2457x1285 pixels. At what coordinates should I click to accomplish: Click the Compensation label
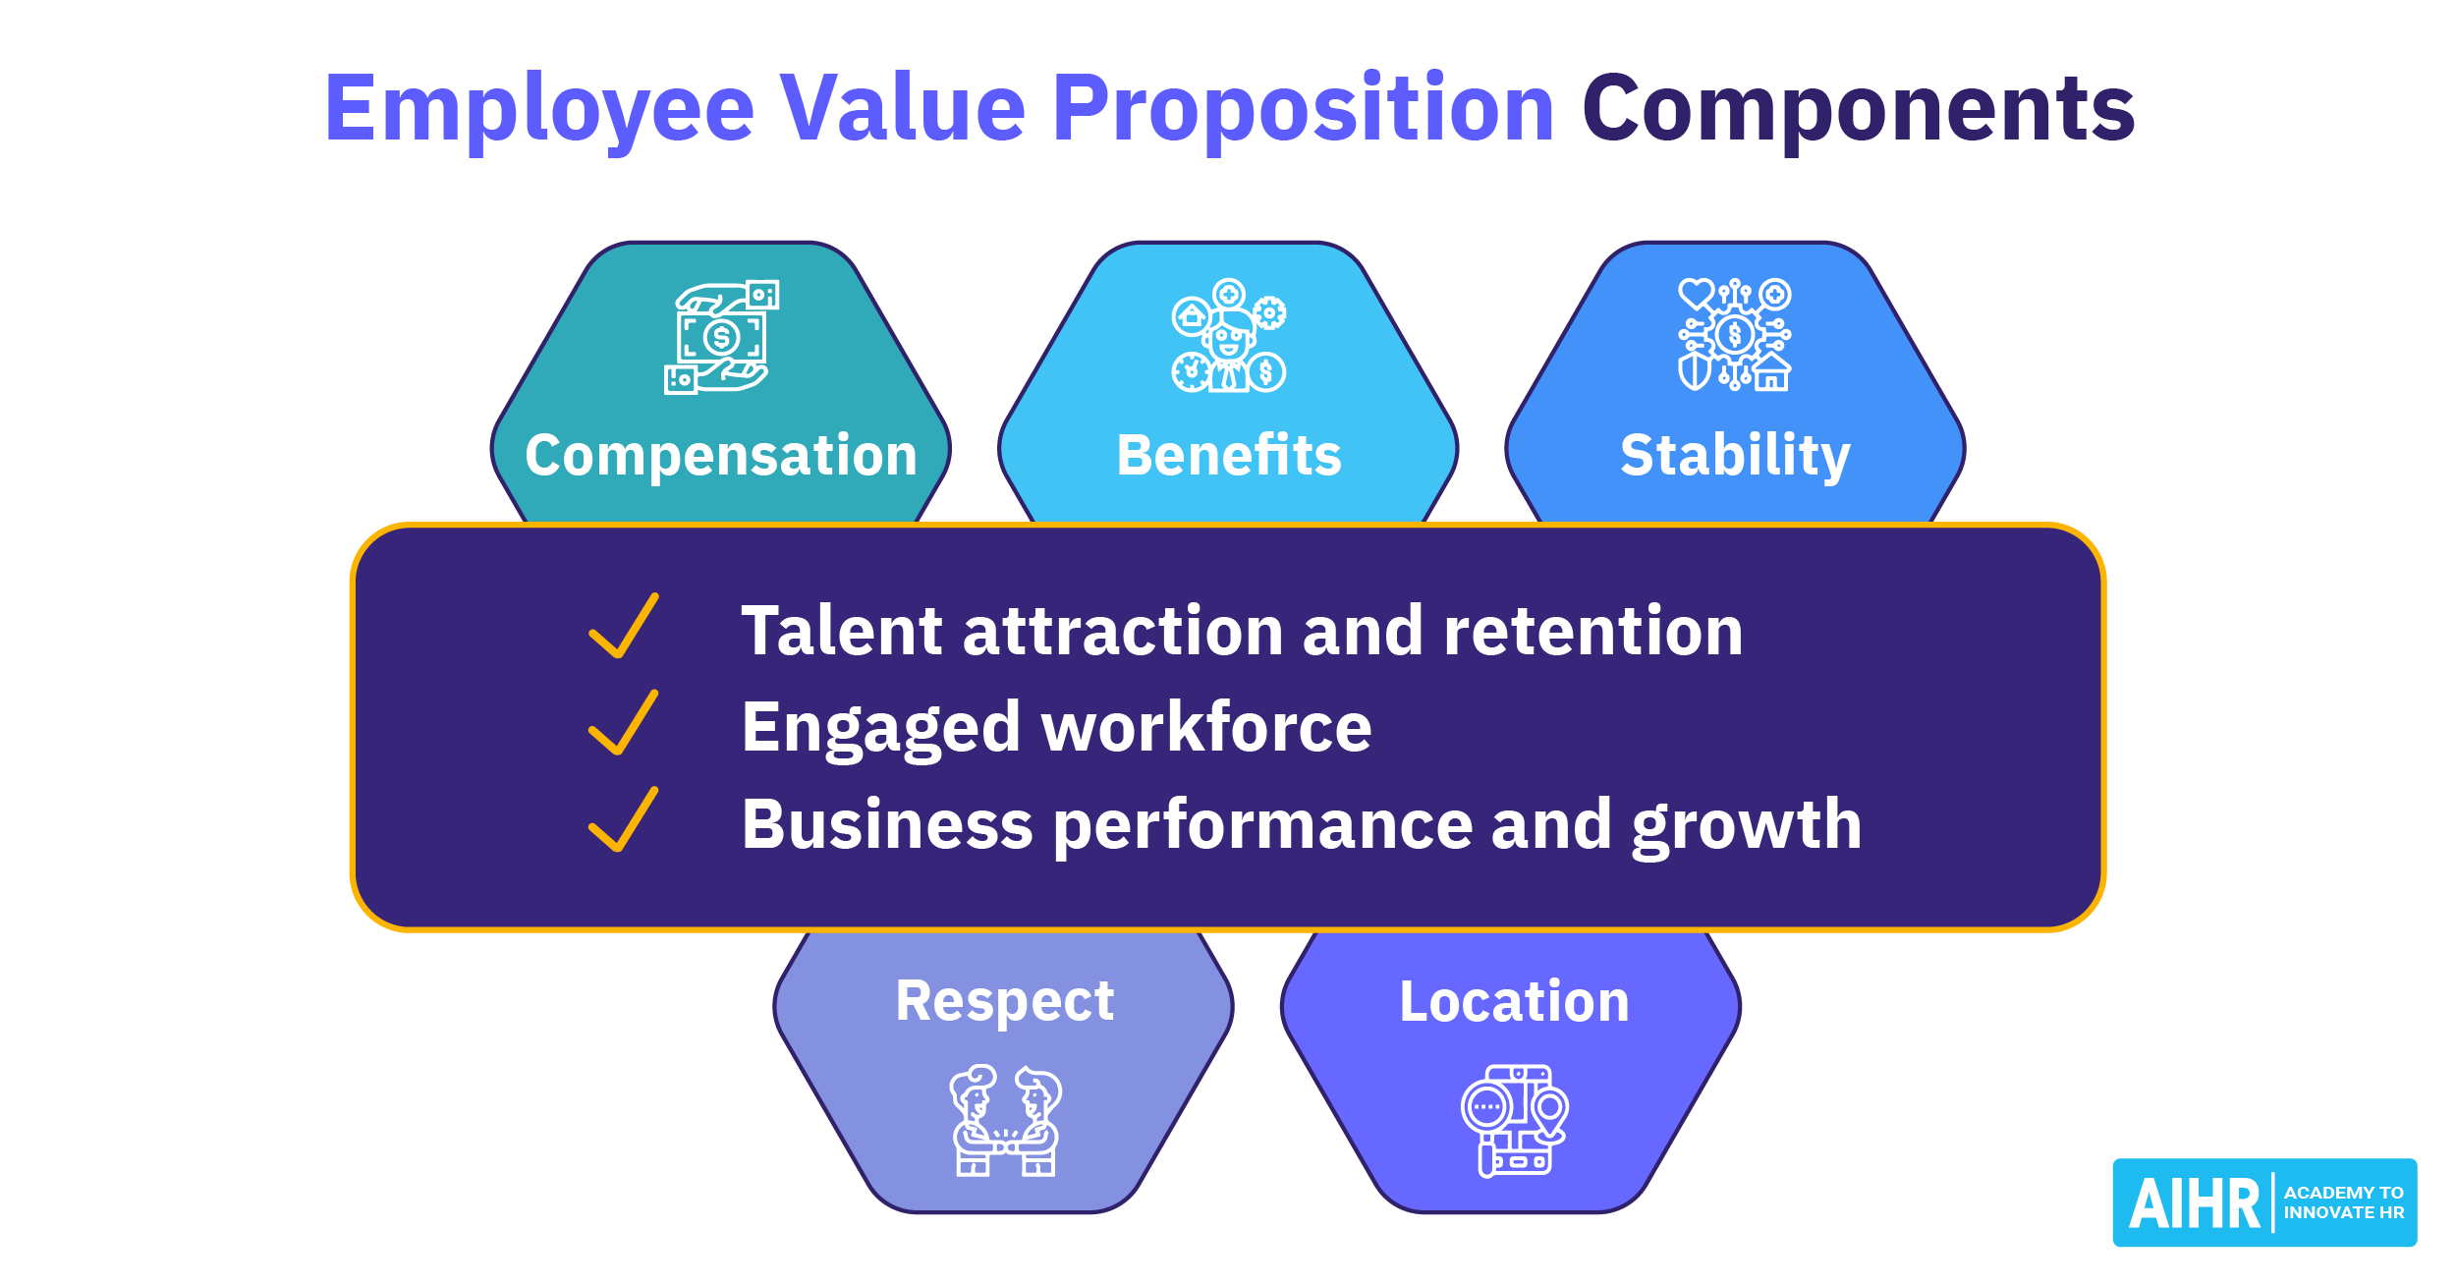coord(721,457)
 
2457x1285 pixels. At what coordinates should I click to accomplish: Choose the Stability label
coord(1735,457)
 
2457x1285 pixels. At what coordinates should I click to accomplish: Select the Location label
coord(1514,1002)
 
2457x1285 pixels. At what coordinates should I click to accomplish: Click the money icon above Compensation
coord(722,337)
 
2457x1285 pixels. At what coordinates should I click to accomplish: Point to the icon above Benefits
coord(1229,336)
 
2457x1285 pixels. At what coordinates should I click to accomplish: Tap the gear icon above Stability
coord(1735,335)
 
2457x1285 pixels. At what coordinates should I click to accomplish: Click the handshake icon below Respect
coord(1005,1121)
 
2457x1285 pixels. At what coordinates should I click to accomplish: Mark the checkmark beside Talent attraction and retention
coord(624,626)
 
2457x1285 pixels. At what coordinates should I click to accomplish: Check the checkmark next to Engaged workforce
coord(624,722)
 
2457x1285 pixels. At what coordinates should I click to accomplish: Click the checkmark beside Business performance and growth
coord(624,819)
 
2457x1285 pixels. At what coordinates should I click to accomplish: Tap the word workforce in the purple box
coord(1206,727)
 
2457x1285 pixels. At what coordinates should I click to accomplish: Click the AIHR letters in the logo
coord(2195,1204)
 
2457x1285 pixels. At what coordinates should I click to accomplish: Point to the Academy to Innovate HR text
coord(2344,1202)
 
